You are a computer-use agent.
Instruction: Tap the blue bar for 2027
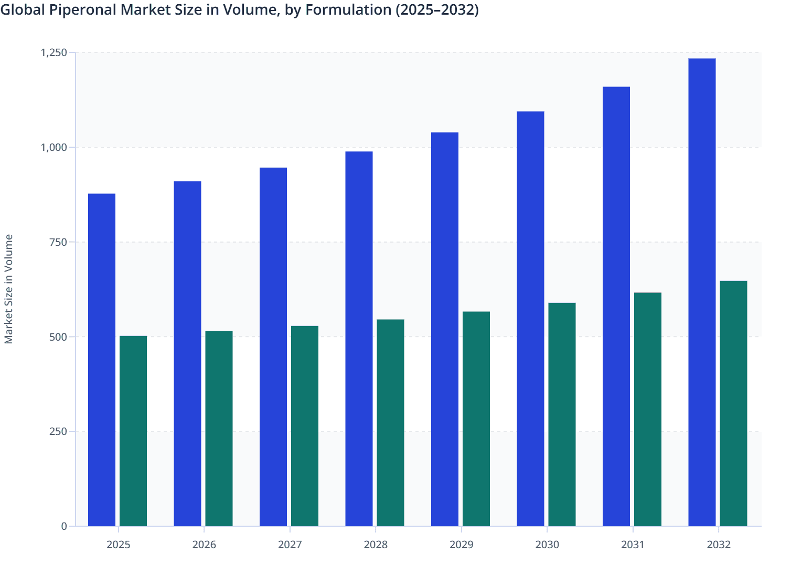pos(273,346)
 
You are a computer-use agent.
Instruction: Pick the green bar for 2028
pos(390,422)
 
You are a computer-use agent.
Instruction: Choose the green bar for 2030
pos(562,414)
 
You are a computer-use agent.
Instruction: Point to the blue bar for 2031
pos(616,306)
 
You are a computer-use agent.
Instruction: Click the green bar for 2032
pos(733,404)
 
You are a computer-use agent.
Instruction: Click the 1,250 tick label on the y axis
pos(54,52)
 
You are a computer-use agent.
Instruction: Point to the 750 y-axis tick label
pos(58,242)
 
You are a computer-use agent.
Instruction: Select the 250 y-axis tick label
pos(58,431)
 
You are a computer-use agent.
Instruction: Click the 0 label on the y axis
pos(64,526)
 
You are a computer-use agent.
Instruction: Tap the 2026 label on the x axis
pos(204,545)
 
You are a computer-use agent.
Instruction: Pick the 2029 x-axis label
pos(462,545)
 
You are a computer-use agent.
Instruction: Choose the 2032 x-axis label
pos(719,545)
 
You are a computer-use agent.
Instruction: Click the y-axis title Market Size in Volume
pos(8,289)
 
